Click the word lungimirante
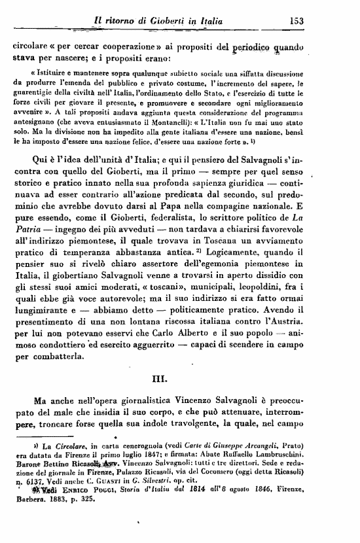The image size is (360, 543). click(x=45, y=321)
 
